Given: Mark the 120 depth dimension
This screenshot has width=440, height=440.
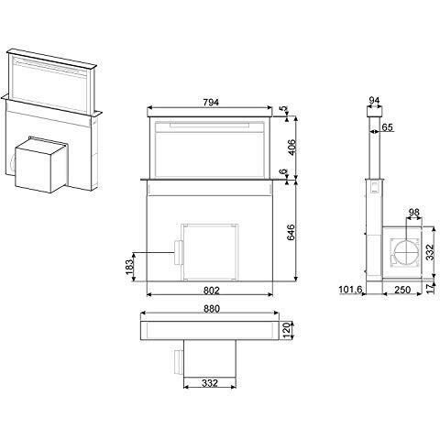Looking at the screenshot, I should pos(287,329).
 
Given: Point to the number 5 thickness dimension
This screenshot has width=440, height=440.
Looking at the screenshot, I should pos(283,110).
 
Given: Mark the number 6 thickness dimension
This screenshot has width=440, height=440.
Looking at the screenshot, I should pos(283,171).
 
